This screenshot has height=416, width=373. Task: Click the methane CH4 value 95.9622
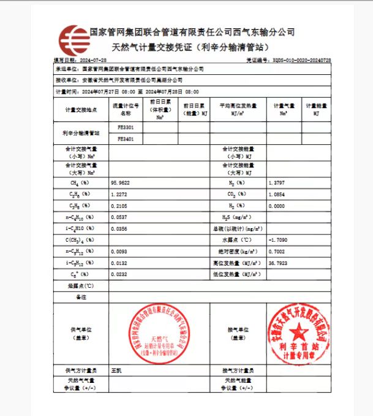(x=120, y=183)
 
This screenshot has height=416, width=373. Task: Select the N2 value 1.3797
(x=276, y=183)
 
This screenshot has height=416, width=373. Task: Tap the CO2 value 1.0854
(x=276, y=195)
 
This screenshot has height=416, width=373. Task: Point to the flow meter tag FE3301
(x=126, y=127)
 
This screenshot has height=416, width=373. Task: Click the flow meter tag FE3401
(x=126, y=139)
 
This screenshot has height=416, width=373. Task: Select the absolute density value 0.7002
(x=276, y=252)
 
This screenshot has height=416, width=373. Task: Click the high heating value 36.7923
(x=277, y=263)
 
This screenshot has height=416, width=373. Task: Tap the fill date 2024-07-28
(x=93, y=60)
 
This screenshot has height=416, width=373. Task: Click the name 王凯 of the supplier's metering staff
(x=116, y=371)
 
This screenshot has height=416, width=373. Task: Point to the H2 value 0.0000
(x=276, y=206)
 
